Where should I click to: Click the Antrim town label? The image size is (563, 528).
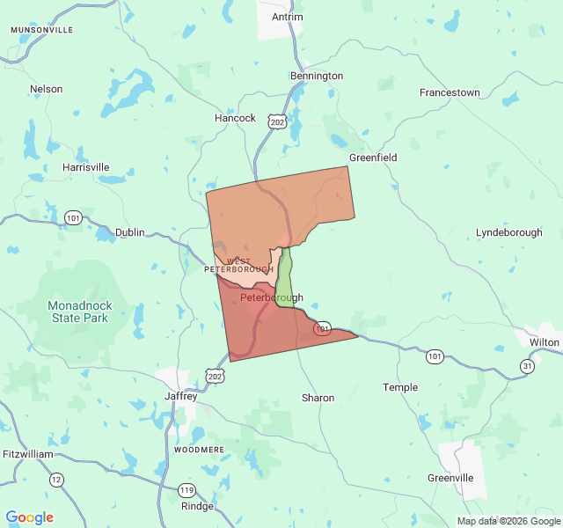pyautogui.click(x=287, y=17)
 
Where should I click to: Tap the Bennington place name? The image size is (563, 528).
pyautogui.click(x=317, y=76)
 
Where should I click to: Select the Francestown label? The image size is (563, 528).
pyautogui.click(x=450, y=92)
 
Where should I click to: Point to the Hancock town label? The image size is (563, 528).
pyautogui.click(x=235, y=118)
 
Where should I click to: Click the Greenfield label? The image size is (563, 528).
pyautogui.click(x=373, y=158)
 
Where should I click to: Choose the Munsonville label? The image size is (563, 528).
pyautogui.click(x=41, y=30)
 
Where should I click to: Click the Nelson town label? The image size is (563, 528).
pyautogui.click(x=46, y=89)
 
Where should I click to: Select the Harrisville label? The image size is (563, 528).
pyautogui.click(x=86, y=166)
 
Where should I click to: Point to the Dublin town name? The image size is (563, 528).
pyautogui.click(x=129, y=233)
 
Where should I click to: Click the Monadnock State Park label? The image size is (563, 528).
pyautogui.click(x=78, y=312)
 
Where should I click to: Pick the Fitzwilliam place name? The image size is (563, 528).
pyautogui.click(x=26, y=454)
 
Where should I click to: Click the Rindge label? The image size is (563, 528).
pyautogui.click(x=197, y=506)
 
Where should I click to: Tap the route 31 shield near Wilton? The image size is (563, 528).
pyautogui.click(x=527, y=366)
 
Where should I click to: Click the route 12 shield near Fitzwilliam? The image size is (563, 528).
pyautogui.click(x=56, y=480)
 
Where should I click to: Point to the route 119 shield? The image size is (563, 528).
pyautogui.click(x=186, y=490)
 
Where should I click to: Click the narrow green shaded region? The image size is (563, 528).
pyautogui.click(x=285, y=280)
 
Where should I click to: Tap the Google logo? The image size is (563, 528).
pyautogui.click(x=29, y=517)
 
